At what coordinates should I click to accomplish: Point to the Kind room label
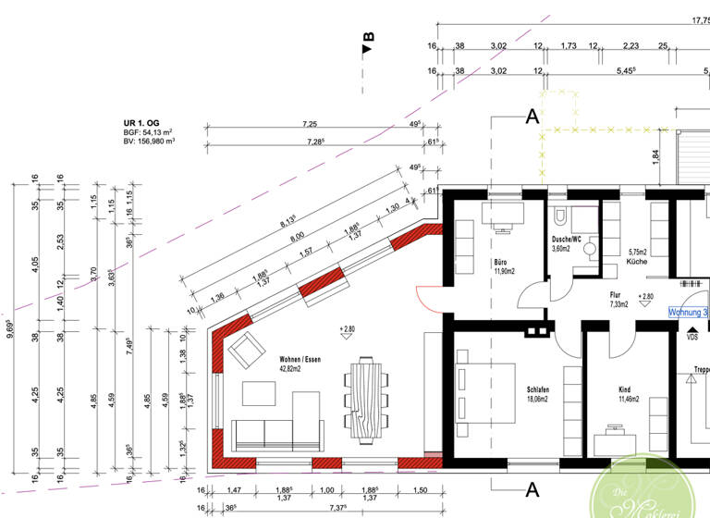pos(630,390)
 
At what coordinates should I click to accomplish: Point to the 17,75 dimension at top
pos(701,19)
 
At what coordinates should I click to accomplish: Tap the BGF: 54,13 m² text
pos(149,133)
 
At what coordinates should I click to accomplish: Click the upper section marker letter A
pos(532,116)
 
